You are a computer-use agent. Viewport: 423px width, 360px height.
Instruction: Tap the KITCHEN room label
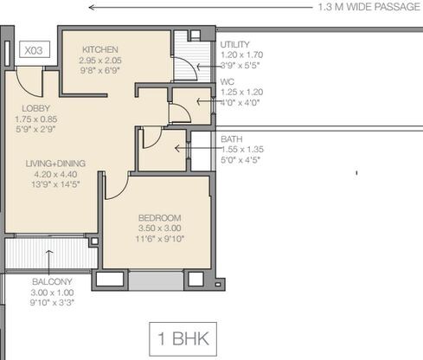[x=100, y=50]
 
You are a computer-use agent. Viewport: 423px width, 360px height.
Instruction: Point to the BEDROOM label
[x=157, y=217]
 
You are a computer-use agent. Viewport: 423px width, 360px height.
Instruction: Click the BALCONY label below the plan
[x=52, y=282]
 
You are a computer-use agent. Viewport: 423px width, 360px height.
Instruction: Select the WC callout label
[x=228, y=81]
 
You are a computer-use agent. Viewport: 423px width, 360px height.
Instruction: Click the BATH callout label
[x=231, y=138]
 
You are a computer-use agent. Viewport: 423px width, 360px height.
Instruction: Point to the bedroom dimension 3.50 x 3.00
[x=157, y=228]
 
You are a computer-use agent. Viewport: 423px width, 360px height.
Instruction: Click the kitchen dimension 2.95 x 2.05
[x=100, y=61]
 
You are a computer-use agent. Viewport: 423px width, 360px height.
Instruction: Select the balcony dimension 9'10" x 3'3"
[x=52, y=303]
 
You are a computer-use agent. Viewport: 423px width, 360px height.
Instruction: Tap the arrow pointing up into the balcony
[x=48, y=257]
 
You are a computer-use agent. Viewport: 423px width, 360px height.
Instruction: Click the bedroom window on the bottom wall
[x=157, y=280]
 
